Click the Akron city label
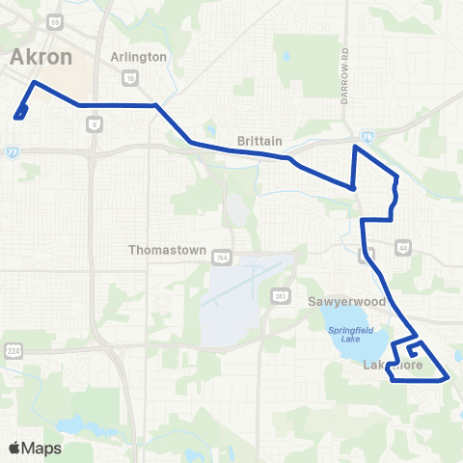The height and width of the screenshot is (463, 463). pyautogui.click(x=41, y=57)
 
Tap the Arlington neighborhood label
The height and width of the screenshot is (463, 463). pyautogui.click(x=139, y=57)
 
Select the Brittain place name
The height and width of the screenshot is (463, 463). pyautogui.click(x=259, y=141)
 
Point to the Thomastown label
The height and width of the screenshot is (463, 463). pyautogui.click(x=168, y=250)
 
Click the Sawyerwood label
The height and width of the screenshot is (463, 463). pyautogui.click(x=346, y=302)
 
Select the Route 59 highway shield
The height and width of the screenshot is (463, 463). pyautogui.click(x=55, y=20)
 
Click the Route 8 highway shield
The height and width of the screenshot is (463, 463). pyautogui.click(x=94, y=123)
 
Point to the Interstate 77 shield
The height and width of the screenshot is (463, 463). pyautogui.click(x=12, y=150)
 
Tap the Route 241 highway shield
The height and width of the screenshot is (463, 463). pyautogui.click(x=278, y=295)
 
